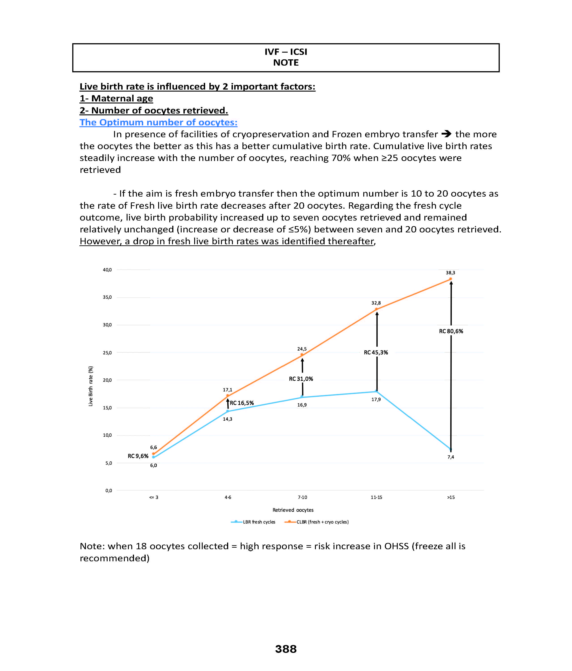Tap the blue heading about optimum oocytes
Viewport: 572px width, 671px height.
(x=159, y=122)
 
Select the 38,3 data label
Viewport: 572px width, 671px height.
(x=450, y=273)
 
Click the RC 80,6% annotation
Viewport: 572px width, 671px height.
(x=451, y=331)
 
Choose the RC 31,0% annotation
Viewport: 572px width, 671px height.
(x=301, y=379)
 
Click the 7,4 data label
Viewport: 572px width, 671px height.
(x=451, y=457)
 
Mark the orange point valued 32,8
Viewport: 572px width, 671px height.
(x=376, y=309)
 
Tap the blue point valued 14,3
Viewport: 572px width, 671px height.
(x=228, y=411)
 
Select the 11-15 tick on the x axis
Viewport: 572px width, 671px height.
(x=376, y=497)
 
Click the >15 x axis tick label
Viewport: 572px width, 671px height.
(x=451, y=497)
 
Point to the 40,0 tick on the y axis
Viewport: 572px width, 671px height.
(x=107, y=270)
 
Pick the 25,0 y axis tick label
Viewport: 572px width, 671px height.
(x=107, y=353)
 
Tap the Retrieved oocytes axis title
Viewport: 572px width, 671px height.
(x=293, y=510)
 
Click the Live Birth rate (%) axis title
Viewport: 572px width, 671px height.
(x=91, y=386)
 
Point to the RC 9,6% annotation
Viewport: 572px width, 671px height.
(x=138, y=456)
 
